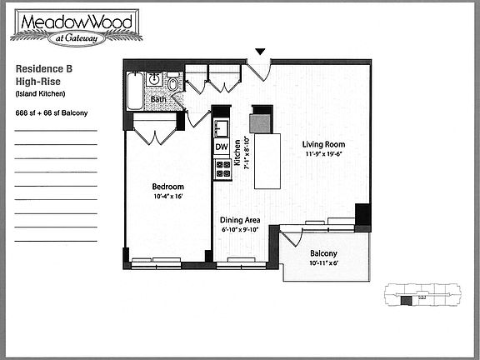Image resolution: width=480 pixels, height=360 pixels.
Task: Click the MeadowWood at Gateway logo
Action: [77, 27]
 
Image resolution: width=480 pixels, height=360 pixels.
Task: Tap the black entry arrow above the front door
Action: [260, 52]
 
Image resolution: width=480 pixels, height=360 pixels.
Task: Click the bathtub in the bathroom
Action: [135, 91]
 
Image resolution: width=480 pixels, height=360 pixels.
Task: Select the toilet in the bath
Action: [172, 84]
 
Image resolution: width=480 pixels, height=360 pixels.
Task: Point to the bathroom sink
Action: [153, 80]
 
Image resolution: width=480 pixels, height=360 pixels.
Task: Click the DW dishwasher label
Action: [222, 147]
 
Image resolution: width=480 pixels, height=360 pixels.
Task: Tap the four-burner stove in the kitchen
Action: [222, 169]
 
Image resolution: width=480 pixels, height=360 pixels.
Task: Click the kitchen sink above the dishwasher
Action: [222, 128]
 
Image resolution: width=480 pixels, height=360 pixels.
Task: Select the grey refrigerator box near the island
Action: [260, 123]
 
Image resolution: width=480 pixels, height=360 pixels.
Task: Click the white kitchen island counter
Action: [267, 161]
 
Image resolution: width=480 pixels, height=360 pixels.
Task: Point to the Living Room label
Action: [323, 144]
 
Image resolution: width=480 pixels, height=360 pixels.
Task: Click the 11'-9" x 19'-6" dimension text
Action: [323, 154]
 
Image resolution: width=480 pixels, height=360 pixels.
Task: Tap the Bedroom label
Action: [168, 187]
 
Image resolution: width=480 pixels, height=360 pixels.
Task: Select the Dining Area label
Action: [240, 220]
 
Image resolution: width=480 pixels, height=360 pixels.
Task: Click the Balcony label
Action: [323, 253]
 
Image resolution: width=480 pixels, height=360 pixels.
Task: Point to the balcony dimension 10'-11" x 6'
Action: [323, 263]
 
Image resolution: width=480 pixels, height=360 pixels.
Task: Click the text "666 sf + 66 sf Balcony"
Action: [52, 113]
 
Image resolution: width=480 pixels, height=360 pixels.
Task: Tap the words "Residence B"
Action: [44, 68]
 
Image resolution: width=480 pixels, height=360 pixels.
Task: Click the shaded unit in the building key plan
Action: [406, 301]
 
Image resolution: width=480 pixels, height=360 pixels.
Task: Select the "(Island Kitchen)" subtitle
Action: [40, 93]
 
